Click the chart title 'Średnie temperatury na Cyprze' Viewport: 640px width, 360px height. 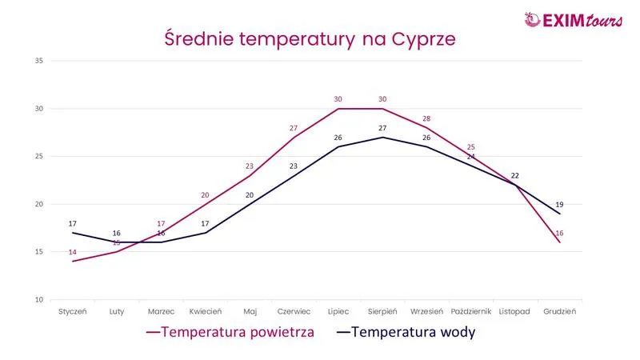[309, 38]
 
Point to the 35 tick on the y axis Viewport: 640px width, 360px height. [38, 61]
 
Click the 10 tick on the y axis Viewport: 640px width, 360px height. [38, 300]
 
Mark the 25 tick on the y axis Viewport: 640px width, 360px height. [38, 156]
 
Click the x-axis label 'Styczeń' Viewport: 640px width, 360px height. [73, 312]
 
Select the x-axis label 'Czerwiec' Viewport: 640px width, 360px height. [294, 312]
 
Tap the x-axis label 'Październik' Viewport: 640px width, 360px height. [470, 312]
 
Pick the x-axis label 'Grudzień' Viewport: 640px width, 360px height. [559, 312]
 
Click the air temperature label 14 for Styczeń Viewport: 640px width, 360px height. [73, 253]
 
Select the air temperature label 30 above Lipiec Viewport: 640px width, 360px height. [338, 99]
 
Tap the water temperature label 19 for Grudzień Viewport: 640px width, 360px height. [559, 204]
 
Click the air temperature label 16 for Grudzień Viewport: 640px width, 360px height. [559, 233]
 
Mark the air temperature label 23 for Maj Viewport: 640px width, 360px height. [250, 166]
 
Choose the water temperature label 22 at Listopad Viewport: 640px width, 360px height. [515, 175]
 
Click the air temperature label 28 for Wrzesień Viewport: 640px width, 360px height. [426, 118]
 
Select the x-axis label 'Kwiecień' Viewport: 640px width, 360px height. [206, 312]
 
